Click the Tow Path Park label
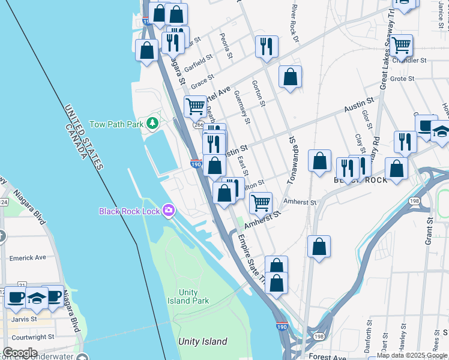[116, 124]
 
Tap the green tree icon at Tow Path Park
[153, 124]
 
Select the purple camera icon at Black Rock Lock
[169, 211]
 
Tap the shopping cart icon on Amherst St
[261, 203]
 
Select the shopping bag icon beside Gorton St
[290, 77]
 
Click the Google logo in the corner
[20, 353]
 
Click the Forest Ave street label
[328, 357]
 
